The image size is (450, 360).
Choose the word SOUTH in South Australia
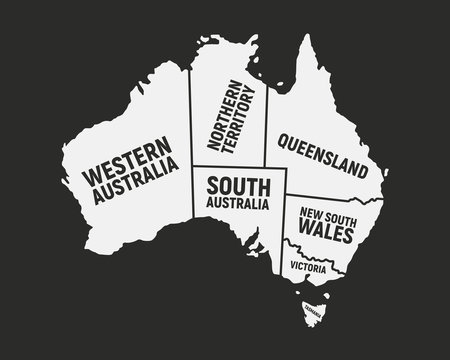[237, 186]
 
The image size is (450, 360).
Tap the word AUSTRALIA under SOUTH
[237, 204]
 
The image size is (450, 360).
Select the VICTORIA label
[309, 266]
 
